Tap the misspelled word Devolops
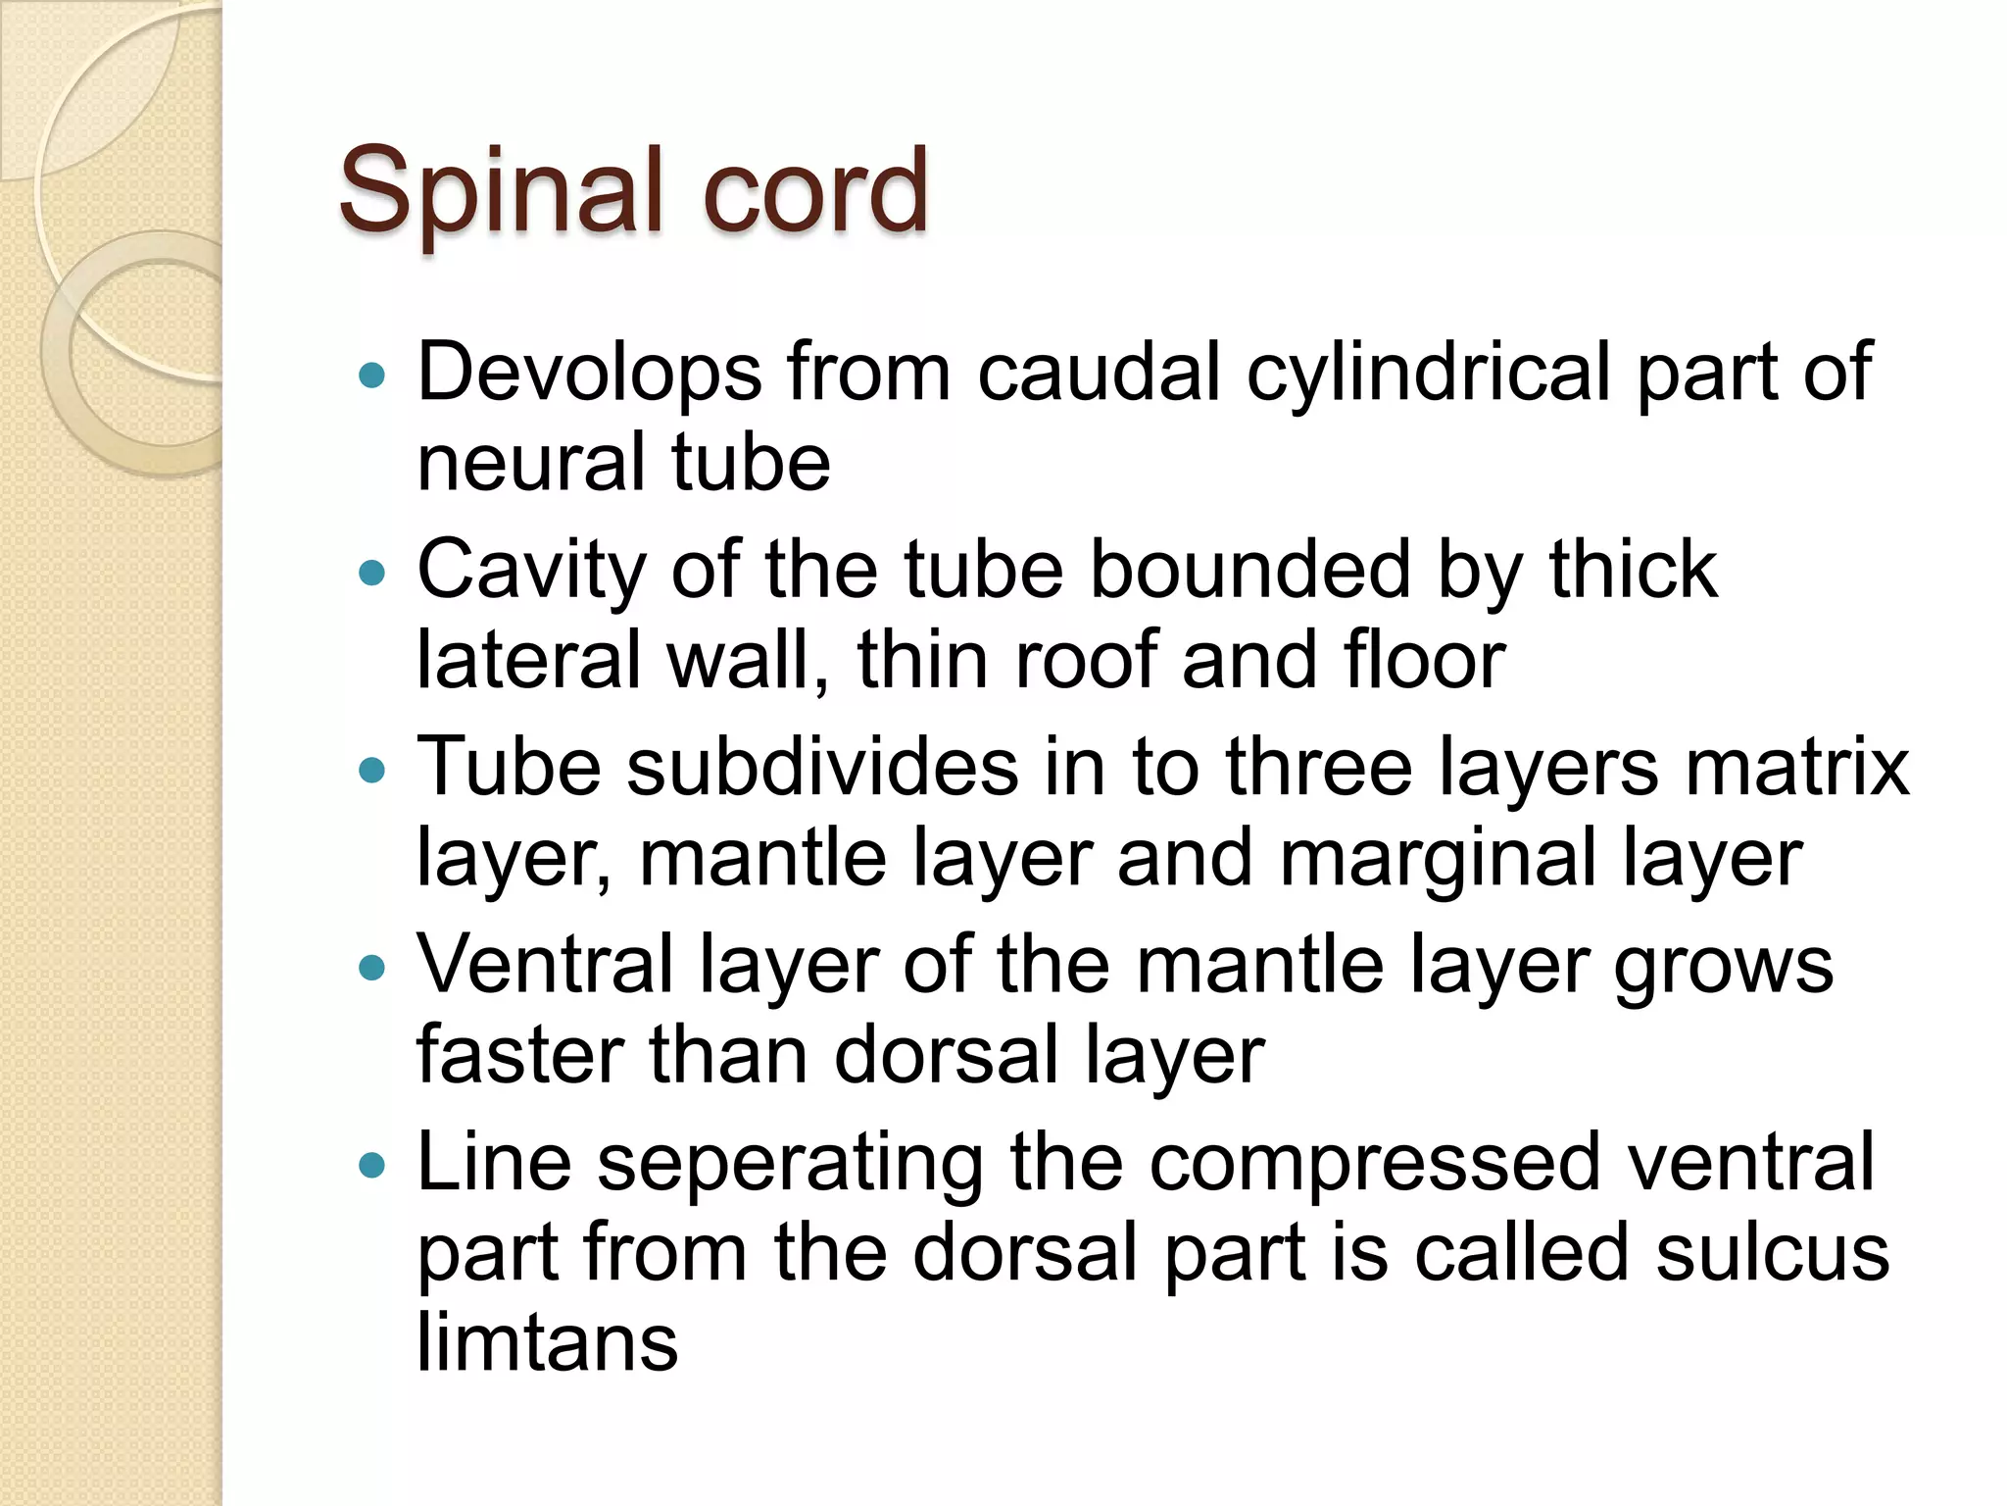point(589,373)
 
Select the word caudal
point(1099,373)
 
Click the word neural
point(530,463)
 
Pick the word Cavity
point(530,572)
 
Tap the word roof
point(1086,660)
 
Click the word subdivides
point(822,767)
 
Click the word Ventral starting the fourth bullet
point(545,966)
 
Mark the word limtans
point(547,1342)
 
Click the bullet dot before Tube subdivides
point(372,771)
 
